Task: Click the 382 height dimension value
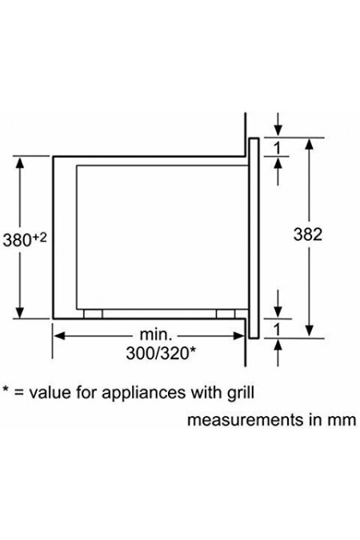(308, 234)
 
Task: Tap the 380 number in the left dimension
(18, 240)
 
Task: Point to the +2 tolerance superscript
(39, 237)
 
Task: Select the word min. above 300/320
(155, 334)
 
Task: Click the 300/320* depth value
(161, 353)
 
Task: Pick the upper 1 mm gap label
(278, 148)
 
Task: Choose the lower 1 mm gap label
(278, 330)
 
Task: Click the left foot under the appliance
(94, 314)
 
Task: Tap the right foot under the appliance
(226, 314)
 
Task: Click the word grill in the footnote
(241, 393)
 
